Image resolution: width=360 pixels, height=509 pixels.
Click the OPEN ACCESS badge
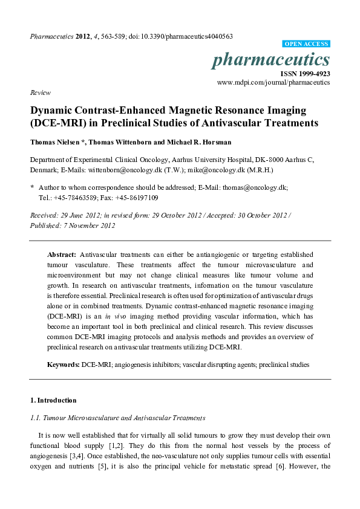306,44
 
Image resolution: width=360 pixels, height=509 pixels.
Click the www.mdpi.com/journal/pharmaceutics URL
273,82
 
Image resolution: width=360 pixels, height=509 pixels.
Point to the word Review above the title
39,93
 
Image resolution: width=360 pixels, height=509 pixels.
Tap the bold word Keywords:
64,365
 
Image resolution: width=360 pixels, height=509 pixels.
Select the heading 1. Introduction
53,400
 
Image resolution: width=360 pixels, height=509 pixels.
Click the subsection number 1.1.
36,418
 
